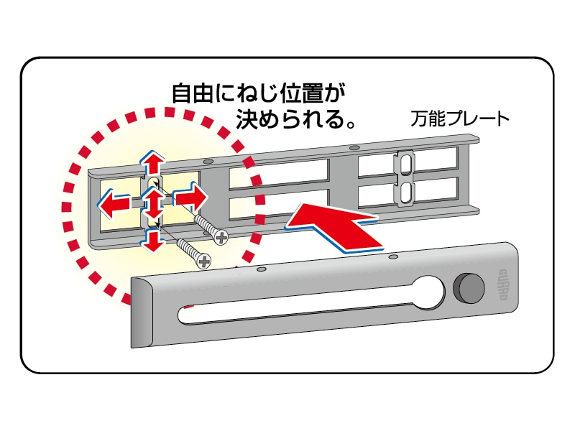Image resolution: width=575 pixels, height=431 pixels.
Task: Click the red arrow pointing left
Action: tap(114, 204)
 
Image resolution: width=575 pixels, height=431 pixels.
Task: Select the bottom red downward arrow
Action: tap(152, 242)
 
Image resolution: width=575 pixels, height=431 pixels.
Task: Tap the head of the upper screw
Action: tap(221, 236)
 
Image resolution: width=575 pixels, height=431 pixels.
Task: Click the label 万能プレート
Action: tap(460, 119)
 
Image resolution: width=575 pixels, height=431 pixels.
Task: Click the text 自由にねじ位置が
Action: tap(254, 93)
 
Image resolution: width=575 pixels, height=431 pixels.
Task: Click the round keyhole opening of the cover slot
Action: tap(430, 290)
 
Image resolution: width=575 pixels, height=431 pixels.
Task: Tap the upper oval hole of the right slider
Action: tap(406, 164)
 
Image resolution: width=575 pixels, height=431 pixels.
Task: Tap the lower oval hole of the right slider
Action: tap(406, 192)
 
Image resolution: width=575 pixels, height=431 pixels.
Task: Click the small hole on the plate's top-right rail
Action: tap(354, 148)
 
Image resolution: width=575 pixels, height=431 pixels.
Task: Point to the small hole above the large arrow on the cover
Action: tap(392, 256)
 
